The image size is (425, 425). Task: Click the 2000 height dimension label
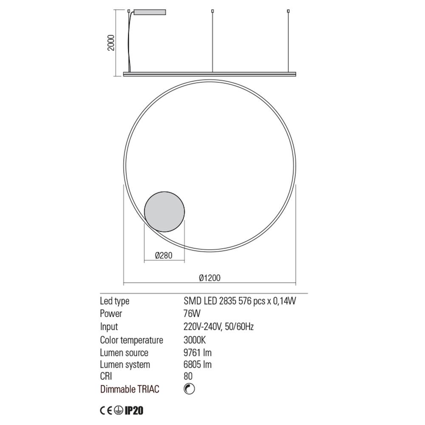pos(111,42)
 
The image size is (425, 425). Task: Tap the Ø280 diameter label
pos(164,255)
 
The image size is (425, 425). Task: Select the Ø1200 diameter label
pos(210,278)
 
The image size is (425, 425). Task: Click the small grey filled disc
pos(164,211)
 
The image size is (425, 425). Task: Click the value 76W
pos(192,314)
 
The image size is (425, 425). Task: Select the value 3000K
pos(194,340)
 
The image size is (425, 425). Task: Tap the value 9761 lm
pos(198,352)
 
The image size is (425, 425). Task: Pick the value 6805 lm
pos(198,364)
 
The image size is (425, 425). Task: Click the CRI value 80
pos(188,376)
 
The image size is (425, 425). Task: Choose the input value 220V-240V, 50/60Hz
pos(218,327)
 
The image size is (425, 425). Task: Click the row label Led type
pos(114,301)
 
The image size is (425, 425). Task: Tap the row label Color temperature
pos(131,340)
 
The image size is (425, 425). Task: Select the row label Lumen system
pos(125,364)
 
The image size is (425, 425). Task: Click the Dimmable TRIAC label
pos(130,389)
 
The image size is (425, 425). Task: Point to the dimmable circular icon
pos(189,388)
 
